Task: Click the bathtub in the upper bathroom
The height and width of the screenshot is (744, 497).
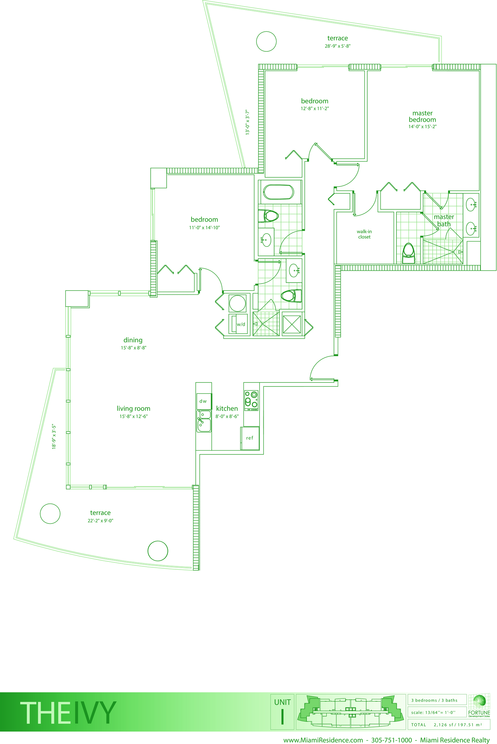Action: pyautogui.click(x=278, y=192)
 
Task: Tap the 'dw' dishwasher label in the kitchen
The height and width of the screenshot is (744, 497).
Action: pyautogui.click(x=203, y=401)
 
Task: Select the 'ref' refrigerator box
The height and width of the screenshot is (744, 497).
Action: pyautogui.click(x=250, y=438)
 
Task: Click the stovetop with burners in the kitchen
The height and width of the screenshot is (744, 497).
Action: pyautogui.click(x=251, y=400)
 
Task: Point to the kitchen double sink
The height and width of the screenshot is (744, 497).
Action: pyautogui.click(x=204, y=421)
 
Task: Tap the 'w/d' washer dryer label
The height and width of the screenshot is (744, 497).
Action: pyautogui.click(x=241, y=324)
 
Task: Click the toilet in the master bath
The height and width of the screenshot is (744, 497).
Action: pyautogui.click(x=408, y=253)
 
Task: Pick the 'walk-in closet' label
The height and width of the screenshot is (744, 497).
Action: pyautogui.click(x=364, y=234)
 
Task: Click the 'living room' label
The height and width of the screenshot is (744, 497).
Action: pyautogui.click(x=133, y=408)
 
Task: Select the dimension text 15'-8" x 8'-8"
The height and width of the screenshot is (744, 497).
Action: pyautogui.click(x=133, y=348)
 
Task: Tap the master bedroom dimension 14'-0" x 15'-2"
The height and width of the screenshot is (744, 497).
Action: pyautogui.click(x=422, y=127)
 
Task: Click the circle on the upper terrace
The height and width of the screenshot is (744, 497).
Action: pyautogui.click(x=266, y=42)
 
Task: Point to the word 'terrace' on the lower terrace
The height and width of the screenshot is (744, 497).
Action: pyautogui.click(x=100, y=513)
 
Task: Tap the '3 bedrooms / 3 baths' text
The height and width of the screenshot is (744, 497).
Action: pyautogui.click(x=434, y=700)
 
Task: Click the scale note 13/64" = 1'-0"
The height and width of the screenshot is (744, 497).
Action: pyautogui.click(x=433, y=712)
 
